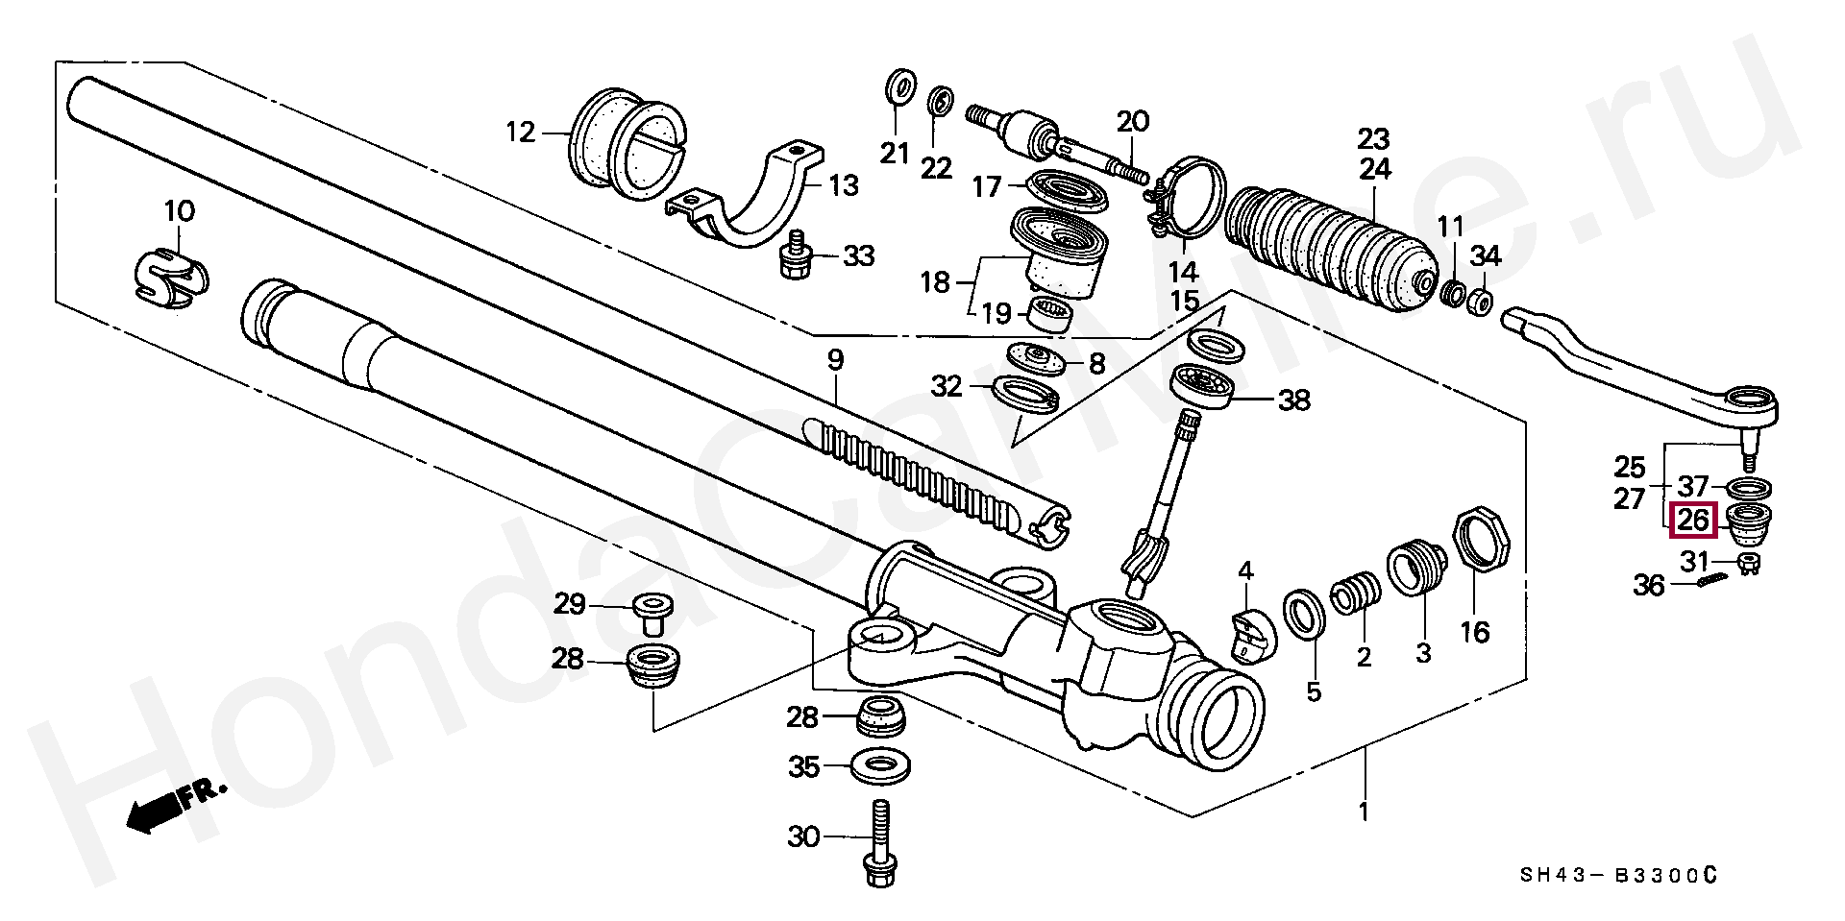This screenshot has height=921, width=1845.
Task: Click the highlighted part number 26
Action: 1693,521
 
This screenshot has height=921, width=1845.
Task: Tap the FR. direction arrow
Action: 173,805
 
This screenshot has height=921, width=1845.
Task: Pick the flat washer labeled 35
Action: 881,766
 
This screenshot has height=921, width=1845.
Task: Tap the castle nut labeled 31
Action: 1749,565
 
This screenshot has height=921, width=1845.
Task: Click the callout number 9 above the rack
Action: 835,361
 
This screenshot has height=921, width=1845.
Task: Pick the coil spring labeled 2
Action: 1356,595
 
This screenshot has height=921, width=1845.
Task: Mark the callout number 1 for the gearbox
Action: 1363,812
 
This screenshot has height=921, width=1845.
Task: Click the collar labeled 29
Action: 653,612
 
